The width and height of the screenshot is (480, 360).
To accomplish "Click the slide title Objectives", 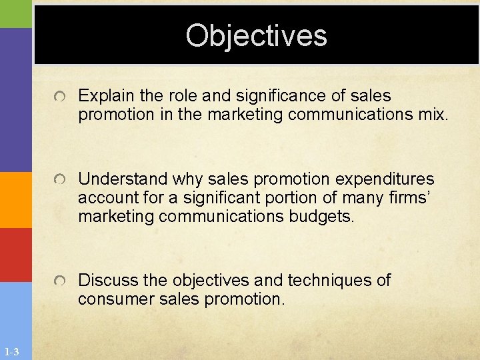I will pos(257,35).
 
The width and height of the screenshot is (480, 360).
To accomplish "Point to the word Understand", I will pos(122,179).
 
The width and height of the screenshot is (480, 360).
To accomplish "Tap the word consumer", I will pos(113,299).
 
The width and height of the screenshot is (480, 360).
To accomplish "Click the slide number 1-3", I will pos(12,352).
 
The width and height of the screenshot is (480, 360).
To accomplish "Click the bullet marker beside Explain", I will pos(61,98).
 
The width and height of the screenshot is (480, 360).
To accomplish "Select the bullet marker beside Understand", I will pos(61,181).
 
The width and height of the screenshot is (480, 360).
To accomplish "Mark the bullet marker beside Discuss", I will pos(61,281).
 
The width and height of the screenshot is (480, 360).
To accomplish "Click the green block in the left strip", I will pos(16,13).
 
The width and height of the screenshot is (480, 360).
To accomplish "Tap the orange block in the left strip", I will pos(16,199).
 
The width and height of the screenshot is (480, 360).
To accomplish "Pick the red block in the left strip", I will pos(16,255).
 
